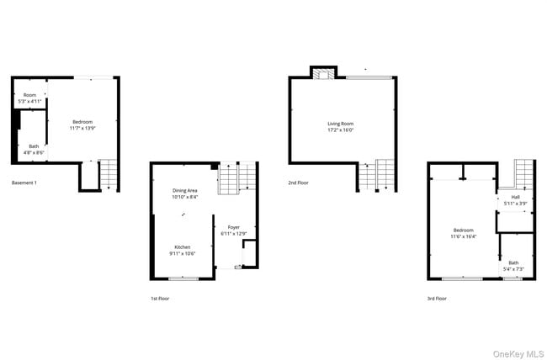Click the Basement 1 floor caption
24,183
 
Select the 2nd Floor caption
299,183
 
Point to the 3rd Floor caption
437,298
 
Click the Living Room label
341,124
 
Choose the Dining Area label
185,191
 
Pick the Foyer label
233,227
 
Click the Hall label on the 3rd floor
515,198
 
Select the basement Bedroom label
82,123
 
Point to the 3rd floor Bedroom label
464,230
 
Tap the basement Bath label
34,146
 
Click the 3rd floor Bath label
513,262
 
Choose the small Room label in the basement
29,95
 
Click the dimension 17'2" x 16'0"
341,130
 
